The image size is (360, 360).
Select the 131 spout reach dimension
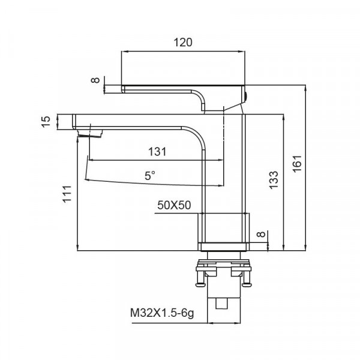pyautogui.click(x=157, y=152)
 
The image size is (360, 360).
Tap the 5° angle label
pyautogui.click(x=149, y=175)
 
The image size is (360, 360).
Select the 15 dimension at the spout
pyautogui.click(x=45, y=122)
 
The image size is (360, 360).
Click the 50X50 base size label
pyautogui.click(x=173, y=205)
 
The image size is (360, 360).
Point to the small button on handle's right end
pyautogui.click(x=245, y=94)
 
